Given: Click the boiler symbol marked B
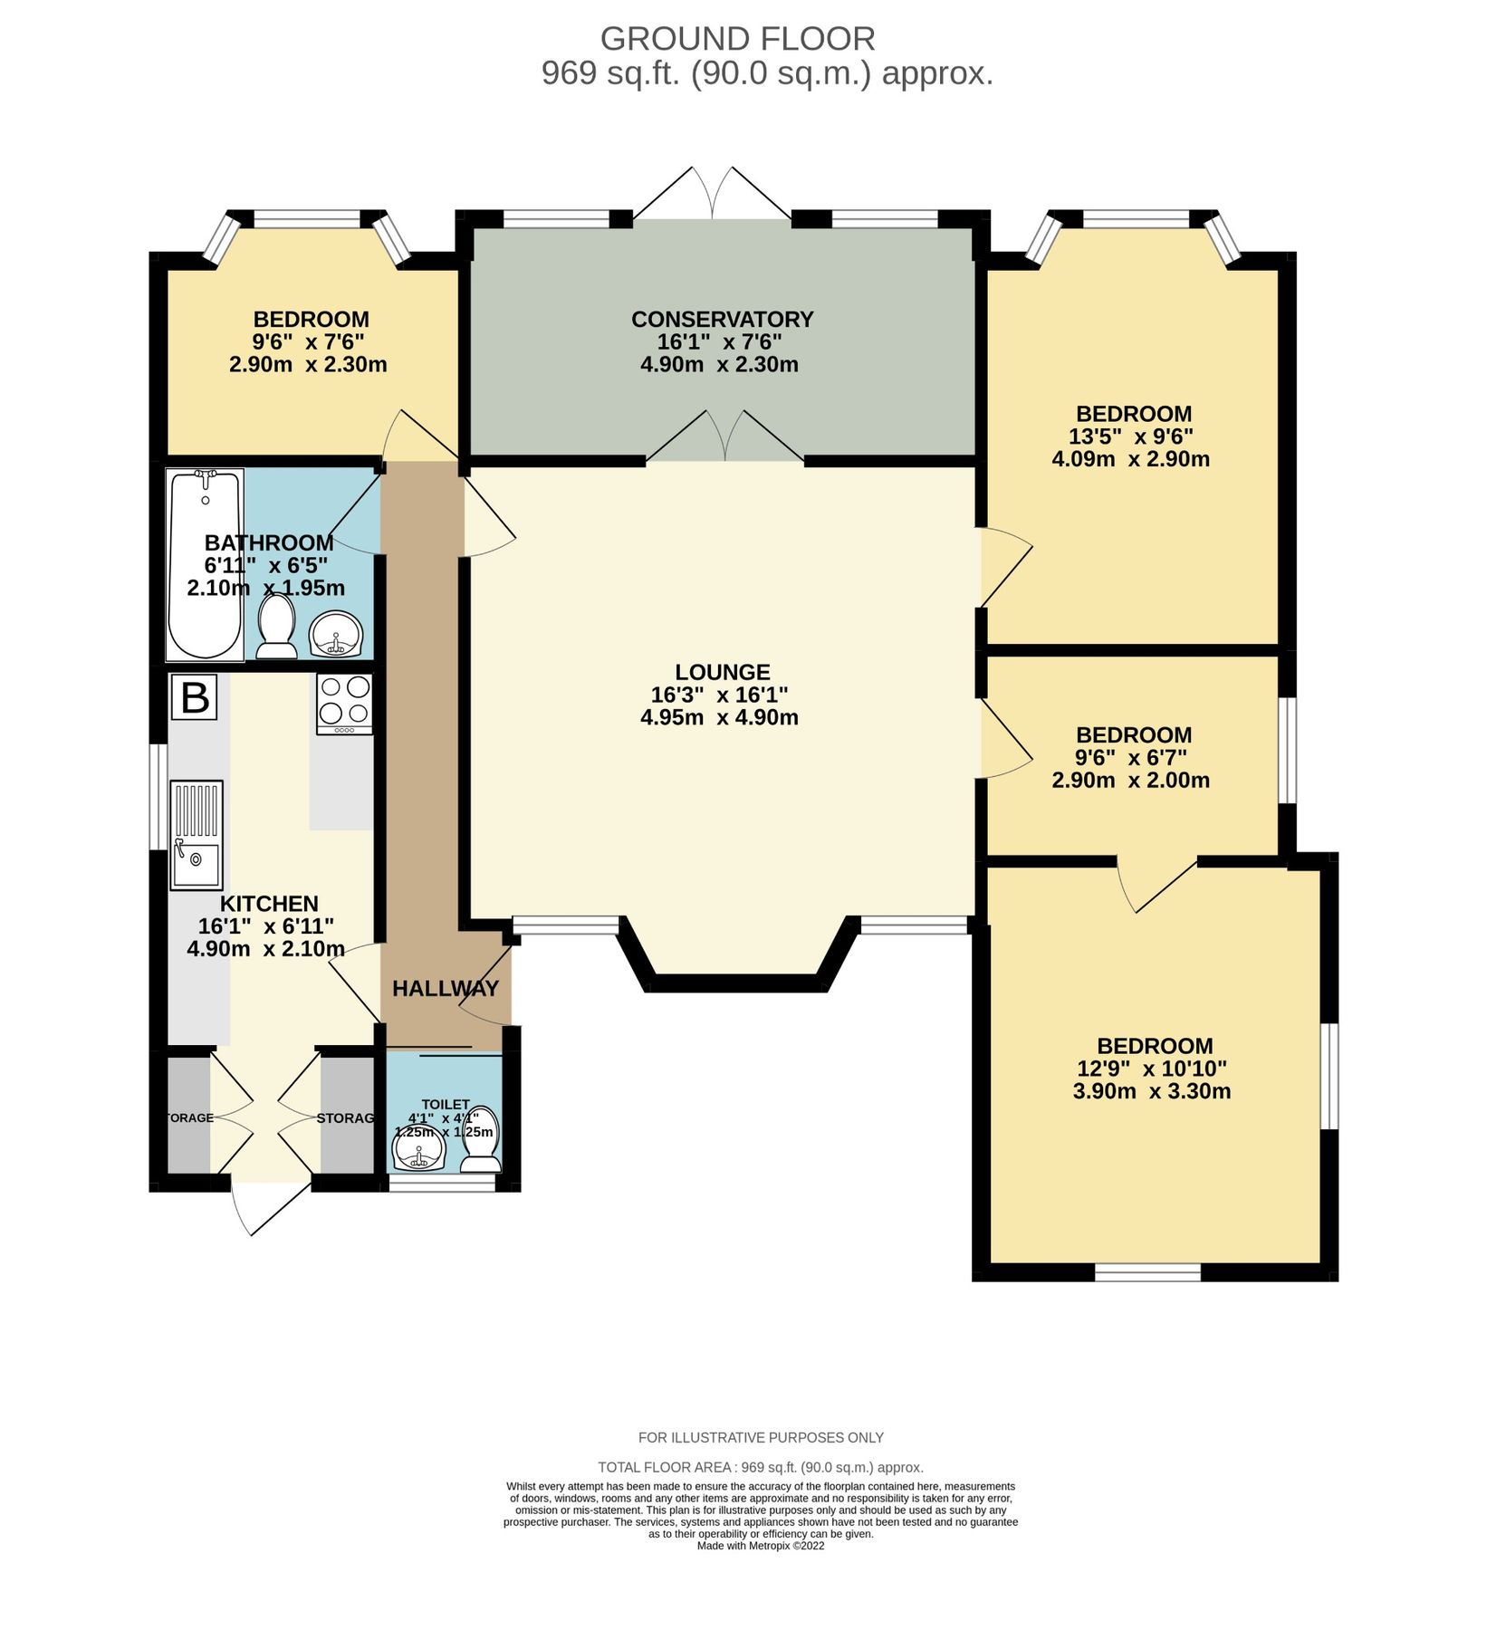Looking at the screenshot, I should [x=195, y=697].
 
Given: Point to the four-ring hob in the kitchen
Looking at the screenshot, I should [x=344, y=704].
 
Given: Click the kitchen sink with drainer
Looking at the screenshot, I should [x=197, y=834].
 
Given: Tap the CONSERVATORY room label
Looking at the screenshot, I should [x=722, y=320].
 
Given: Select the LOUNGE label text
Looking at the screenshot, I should [x=722, y=672].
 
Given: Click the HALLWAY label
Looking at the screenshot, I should [x=445, y=988].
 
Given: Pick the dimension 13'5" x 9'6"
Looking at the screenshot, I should [x=1130, y=436].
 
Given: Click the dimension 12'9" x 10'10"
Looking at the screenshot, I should [x=1151, y=1069].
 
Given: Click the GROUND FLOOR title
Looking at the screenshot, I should [x=737, y=39].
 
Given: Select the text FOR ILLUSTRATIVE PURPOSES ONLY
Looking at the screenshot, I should [x=761, y=1437].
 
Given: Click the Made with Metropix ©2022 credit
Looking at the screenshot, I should [x=761, y=1546].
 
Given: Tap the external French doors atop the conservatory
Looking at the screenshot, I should [x=713, y=195].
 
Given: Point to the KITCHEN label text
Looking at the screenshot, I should [x=269, y=903].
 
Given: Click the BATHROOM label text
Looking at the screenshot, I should [x=269, y=542].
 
